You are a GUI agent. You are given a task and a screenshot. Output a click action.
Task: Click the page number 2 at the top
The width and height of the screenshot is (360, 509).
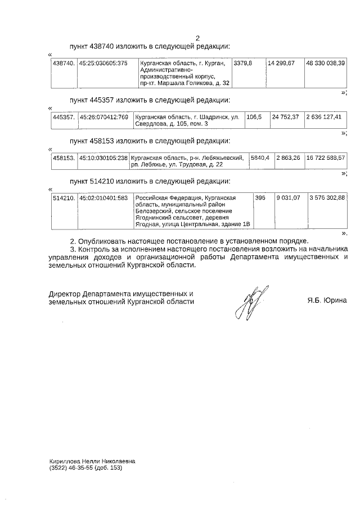pos(197,38)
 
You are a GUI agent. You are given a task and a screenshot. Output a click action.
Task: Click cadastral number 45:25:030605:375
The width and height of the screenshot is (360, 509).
pos(103,62)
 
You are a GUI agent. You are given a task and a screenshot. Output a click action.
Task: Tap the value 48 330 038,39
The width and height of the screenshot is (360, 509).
pos(326,62)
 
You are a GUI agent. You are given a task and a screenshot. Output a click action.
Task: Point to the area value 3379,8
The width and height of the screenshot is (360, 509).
pos(243,62)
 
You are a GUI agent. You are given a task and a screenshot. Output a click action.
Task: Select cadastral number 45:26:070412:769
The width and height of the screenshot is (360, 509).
pos(103,117)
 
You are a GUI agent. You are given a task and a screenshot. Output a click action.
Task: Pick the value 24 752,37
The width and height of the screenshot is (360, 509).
pos(285,117)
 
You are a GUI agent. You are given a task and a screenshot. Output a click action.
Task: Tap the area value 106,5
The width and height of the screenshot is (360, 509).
pos(254,117)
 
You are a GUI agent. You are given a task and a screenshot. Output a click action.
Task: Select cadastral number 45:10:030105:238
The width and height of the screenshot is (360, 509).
pos(103,158)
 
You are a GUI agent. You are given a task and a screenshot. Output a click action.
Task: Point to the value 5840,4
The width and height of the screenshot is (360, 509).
pos(260,158)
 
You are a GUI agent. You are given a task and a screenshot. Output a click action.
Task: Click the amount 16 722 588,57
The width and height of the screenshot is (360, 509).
pos(326,158)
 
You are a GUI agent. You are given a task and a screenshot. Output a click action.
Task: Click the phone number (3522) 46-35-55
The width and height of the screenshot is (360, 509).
pos(71,467)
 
